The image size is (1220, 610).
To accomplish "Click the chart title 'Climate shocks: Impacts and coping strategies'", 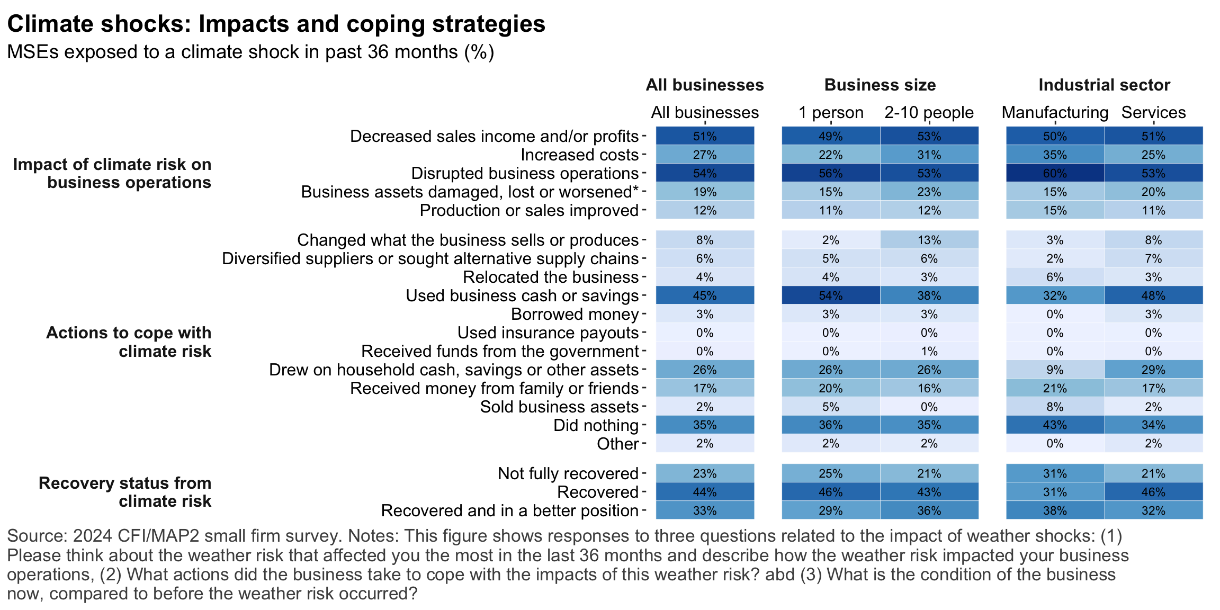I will (276, 24).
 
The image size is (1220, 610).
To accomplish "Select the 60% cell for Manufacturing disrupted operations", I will (1055, 173).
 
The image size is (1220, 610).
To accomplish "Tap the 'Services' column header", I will (1153, 112).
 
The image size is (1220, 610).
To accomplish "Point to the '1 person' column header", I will (831, 112).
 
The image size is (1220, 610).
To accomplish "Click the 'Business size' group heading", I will (880, 85).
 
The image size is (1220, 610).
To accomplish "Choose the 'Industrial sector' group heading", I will (1104, 85).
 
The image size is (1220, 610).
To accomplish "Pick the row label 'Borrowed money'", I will (575, 314).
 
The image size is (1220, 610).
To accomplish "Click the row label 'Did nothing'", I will (596, 425).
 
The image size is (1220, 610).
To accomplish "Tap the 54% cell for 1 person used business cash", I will (831, 295).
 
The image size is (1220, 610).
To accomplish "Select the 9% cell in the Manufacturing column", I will (1055, 370).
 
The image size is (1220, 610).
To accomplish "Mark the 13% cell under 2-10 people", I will (929, 240).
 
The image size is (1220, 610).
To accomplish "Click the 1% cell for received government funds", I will (929, 351).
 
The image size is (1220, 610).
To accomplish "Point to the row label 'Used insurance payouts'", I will (548, 333).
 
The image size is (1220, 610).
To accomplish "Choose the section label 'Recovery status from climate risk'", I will (125, 492).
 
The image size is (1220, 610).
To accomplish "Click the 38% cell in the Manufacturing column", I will (1055, 510).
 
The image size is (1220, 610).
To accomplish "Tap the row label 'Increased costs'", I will (579, 155).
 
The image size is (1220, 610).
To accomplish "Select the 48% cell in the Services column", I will (1153, 295).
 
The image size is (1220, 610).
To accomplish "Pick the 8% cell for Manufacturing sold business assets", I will (1055, 407).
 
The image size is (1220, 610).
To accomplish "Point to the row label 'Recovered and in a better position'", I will (509, 510).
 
